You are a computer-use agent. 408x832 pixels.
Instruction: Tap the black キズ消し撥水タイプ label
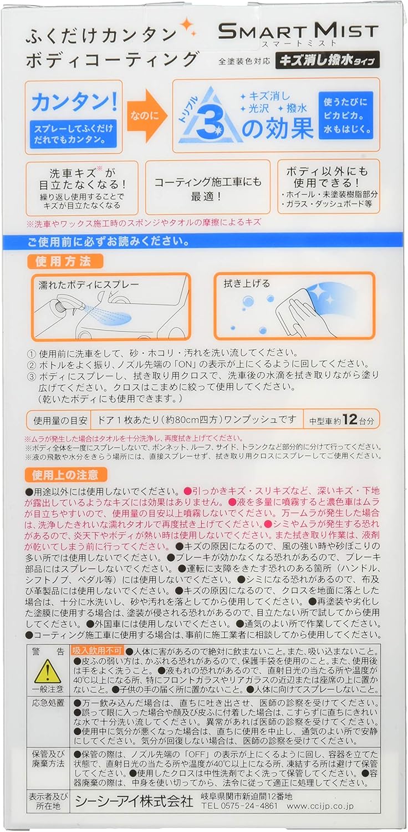pos(329,59)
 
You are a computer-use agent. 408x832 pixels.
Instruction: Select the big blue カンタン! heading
pos(74,103)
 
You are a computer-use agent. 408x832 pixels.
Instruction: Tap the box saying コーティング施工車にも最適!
pos(208,187)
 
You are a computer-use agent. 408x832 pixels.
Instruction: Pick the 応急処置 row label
pos(48,704)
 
